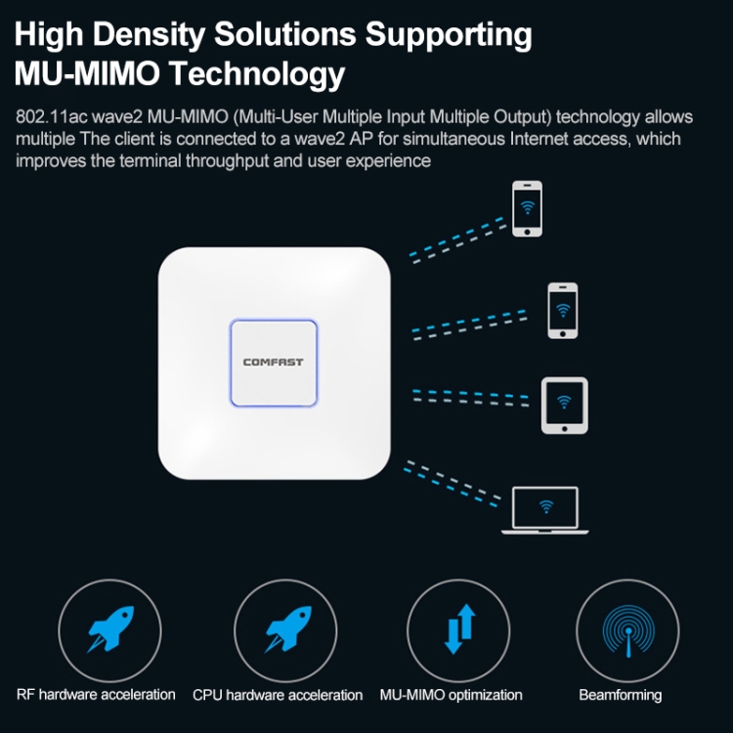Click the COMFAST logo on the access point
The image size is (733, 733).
pos(273,362)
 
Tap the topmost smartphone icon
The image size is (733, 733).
pos(528,208)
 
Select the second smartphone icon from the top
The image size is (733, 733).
pos(562,311)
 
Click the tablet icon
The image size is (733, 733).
pos(564,406)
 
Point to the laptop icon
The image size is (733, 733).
pos(545,510)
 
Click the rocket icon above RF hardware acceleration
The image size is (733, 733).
pos(110,628)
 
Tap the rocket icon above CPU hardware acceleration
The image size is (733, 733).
pos(288,628)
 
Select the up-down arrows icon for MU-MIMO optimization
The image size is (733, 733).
pos(459,628)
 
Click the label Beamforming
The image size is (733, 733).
pos(620,695)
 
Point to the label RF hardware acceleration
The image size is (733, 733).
pos(96,695)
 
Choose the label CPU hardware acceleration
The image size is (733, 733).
pos(278,695)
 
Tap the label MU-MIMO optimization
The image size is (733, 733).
pos(451,695)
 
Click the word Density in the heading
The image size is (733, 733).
pos(150,35)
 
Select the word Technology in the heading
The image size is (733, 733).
pos(257,75)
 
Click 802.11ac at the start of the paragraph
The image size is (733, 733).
pos(52,116)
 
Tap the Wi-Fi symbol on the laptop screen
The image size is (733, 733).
pos(546,506)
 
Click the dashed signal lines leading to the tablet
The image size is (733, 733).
pos(471,398)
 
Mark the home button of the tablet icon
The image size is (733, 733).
pos(564,429)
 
